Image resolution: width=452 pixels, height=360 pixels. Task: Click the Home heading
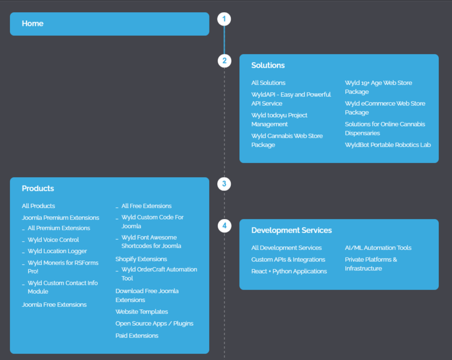(x=32, y=23)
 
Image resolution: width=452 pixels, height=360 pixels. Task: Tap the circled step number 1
(x=224, y=19)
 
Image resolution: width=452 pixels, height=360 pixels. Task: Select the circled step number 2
(x=224, y=61)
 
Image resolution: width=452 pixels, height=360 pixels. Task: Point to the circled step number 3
(x=224, y=184)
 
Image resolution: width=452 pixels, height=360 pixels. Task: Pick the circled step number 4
(x=224, y=226)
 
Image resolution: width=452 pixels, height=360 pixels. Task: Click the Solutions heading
(x=268, y=65)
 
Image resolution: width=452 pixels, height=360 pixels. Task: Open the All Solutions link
(x=268, y=83)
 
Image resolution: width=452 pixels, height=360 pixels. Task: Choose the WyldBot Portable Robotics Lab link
(x=388, y=145)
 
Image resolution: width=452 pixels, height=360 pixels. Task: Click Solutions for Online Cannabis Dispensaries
(x=385, y=128)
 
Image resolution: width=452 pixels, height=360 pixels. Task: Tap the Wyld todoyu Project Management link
(x=279, y=119)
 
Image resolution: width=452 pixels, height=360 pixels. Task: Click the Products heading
(x=38, y=188)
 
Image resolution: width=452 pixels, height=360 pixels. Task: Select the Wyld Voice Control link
(x=53, y=240)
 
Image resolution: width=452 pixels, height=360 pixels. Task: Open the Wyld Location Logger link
(x=57, y=251)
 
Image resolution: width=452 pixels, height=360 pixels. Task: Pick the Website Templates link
(x=142, y=312)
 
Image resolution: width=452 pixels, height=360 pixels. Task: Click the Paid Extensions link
(x=137, y=336)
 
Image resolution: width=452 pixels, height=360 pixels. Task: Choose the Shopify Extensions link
(x=141, y=259)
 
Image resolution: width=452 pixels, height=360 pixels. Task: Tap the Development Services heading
(x=292, y=230)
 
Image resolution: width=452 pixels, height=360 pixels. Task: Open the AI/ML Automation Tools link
(x=378, y=248)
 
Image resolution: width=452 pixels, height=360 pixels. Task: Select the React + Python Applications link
(x=289, y=271)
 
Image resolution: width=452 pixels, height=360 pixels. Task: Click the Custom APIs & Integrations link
(x=288, y=259)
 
